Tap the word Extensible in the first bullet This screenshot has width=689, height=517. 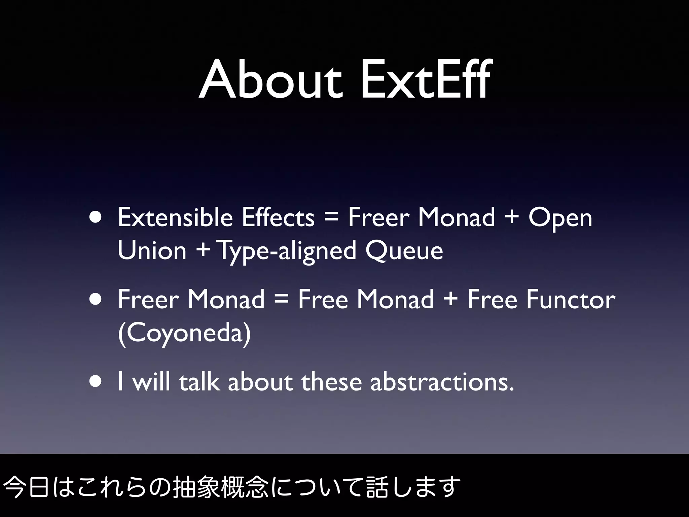pos(175,217)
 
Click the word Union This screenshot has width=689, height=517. pos(152,250)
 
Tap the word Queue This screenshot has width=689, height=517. pos(404,251)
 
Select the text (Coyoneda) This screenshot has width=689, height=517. pos(184,333)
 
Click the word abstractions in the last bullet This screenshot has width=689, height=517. pos(442,382)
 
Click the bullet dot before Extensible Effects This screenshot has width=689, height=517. pos(96,218)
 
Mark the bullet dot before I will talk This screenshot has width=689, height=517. pos(96,382)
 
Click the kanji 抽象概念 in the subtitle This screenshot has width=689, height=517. pos(220,487)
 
